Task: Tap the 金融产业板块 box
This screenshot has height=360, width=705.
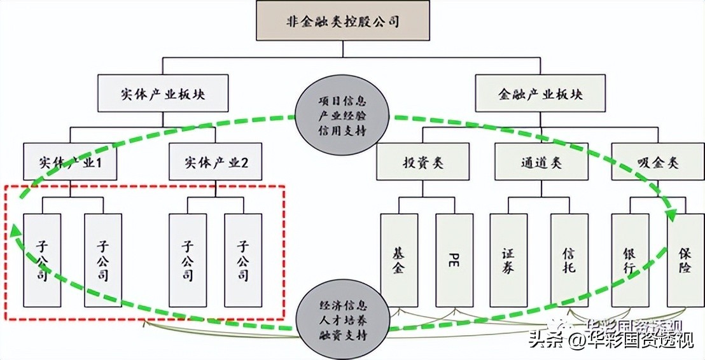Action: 540,94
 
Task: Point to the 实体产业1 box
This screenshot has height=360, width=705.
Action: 69,162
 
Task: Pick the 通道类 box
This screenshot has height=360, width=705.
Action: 540,162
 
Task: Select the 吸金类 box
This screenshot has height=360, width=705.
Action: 658,162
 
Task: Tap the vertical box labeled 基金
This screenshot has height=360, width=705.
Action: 399,260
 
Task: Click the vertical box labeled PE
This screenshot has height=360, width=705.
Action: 454,260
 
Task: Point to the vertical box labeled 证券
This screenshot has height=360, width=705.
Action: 508,260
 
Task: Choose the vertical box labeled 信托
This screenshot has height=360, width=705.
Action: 569,260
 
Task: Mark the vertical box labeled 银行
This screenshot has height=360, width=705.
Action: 630,260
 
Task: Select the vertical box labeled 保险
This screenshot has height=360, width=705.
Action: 685,260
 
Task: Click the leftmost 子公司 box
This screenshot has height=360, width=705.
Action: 41,260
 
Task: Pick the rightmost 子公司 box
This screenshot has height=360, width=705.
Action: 243,260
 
